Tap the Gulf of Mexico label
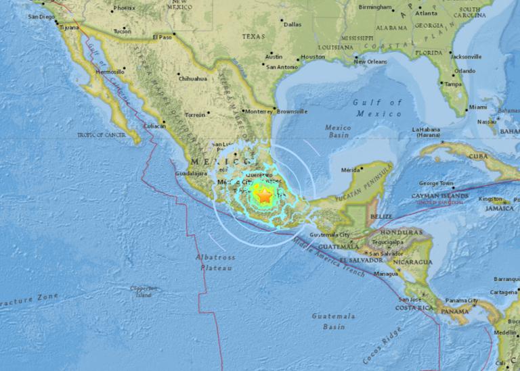[376, 107]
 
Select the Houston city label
[313, 57]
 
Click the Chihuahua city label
[192, 78]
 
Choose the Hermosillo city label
[110, 71]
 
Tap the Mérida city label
[349, 170]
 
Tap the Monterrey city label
[258, 111]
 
